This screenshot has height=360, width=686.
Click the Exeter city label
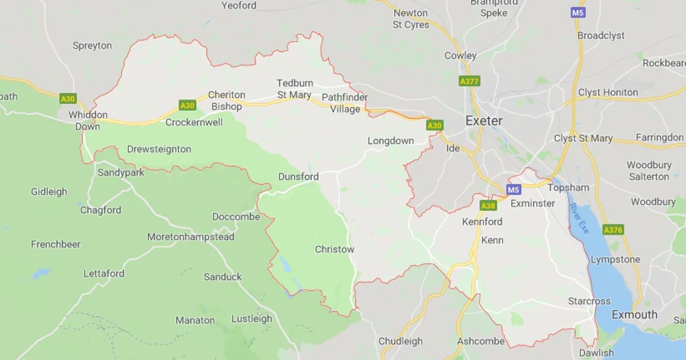coord(484,121)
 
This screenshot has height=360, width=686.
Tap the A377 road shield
coord(469,82)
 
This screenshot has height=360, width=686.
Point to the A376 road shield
coord(613,230)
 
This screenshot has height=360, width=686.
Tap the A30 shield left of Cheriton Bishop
coord(188,106)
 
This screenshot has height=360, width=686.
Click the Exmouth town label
coord(635,315)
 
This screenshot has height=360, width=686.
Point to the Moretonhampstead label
coord(190,237)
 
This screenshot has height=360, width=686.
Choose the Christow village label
coord(334,250)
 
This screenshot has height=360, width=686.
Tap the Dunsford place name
coord(298,177)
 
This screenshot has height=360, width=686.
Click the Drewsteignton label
coord(159,150)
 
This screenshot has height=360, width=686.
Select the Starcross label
coord(589,301)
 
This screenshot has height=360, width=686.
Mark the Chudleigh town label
coord(401,342)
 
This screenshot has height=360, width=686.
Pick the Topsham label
coord(568,188)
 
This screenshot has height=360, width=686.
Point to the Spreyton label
coord(92,46)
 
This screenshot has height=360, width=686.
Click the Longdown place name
coord(390,141)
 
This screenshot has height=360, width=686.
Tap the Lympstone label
coord(615,260)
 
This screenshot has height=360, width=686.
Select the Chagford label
coord(101,210)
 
